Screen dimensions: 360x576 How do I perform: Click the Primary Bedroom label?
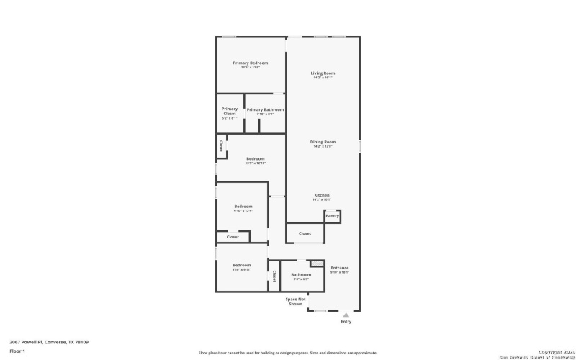tap(251, 63)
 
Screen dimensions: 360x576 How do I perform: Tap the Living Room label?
tap(323, 73)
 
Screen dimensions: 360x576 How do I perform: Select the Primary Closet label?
tap(230, 111)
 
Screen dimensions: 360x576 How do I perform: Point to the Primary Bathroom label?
tap(265, 109)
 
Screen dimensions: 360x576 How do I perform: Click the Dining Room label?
tap(323, 142)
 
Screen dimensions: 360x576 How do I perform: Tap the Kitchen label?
tap(322, 196)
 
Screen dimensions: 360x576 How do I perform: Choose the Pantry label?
tap(332, 216)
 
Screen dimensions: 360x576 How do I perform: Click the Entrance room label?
tap(340, 268)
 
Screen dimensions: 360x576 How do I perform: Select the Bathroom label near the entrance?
tap(301, 274)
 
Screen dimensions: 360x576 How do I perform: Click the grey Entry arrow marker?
tap(346, 314)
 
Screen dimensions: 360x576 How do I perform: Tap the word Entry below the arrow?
tap(346, 321)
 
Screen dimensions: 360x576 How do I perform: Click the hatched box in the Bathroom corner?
tap(315, 264)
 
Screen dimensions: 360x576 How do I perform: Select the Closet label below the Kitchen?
tap(305, 233)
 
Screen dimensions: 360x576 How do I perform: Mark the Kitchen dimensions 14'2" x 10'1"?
tap(322, 200)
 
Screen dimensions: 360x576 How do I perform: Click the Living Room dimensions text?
tap(323, 78)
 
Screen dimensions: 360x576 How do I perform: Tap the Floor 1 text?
tap(18, 351)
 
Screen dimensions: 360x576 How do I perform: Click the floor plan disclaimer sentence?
tap(287, 353)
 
